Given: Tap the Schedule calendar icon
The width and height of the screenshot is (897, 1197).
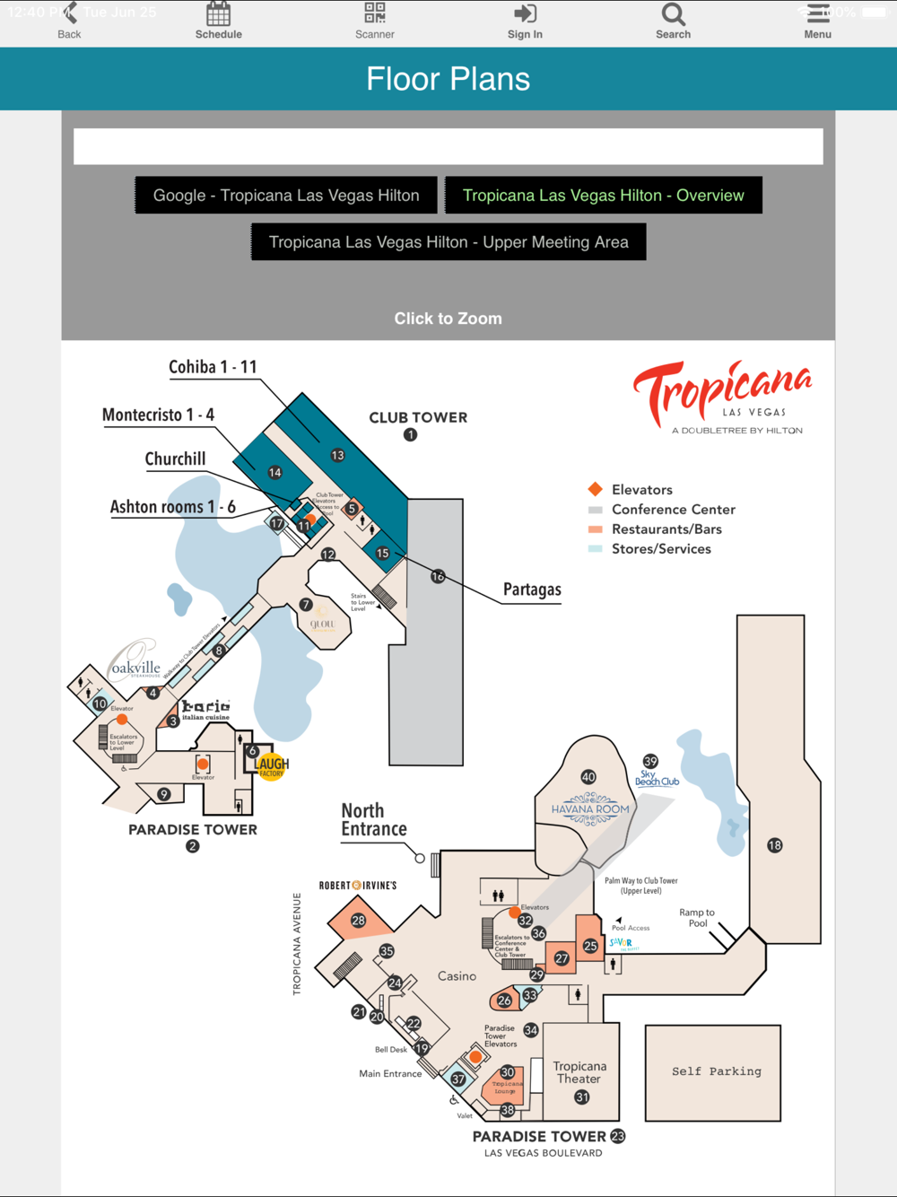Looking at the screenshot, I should tap(218, 14).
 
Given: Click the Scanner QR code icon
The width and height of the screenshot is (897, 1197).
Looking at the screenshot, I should tap(374, 13).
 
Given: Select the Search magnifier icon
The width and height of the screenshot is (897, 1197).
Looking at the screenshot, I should tap(673, 14).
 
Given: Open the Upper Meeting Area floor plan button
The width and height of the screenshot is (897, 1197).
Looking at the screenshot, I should tap(448, 242).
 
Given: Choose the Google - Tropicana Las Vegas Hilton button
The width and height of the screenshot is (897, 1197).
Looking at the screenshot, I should tap(286, 196).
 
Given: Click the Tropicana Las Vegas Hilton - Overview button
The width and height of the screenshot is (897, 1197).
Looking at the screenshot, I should tap(603, 196).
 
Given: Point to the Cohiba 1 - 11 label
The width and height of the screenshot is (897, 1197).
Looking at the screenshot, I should tap(213, 367).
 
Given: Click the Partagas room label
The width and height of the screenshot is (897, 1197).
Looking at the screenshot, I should tap(532, 590).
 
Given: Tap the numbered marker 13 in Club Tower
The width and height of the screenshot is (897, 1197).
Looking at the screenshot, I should tap(337, 455).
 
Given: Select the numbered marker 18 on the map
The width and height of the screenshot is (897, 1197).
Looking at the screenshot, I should tap(775, 845).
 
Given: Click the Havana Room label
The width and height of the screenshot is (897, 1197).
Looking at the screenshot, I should tap(590, 808).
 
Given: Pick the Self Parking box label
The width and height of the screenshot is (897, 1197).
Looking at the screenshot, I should tap(716, 1071).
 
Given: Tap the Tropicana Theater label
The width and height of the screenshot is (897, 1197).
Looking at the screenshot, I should tap(579, 1072).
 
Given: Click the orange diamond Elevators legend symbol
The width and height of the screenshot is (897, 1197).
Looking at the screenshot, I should tap(595, 489).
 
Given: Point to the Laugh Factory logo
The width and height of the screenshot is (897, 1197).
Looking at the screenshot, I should tap(272, 766).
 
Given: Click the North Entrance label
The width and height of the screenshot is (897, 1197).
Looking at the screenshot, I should tap(373, 820).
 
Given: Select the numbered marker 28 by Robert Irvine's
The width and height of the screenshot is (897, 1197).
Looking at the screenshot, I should tap(358, 921).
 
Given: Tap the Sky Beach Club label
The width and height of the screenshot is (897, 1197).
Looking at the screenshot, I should tap(657, 778).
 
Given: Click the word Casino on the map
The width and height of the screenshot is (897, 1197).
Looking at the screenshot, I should tap(457, 976).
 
